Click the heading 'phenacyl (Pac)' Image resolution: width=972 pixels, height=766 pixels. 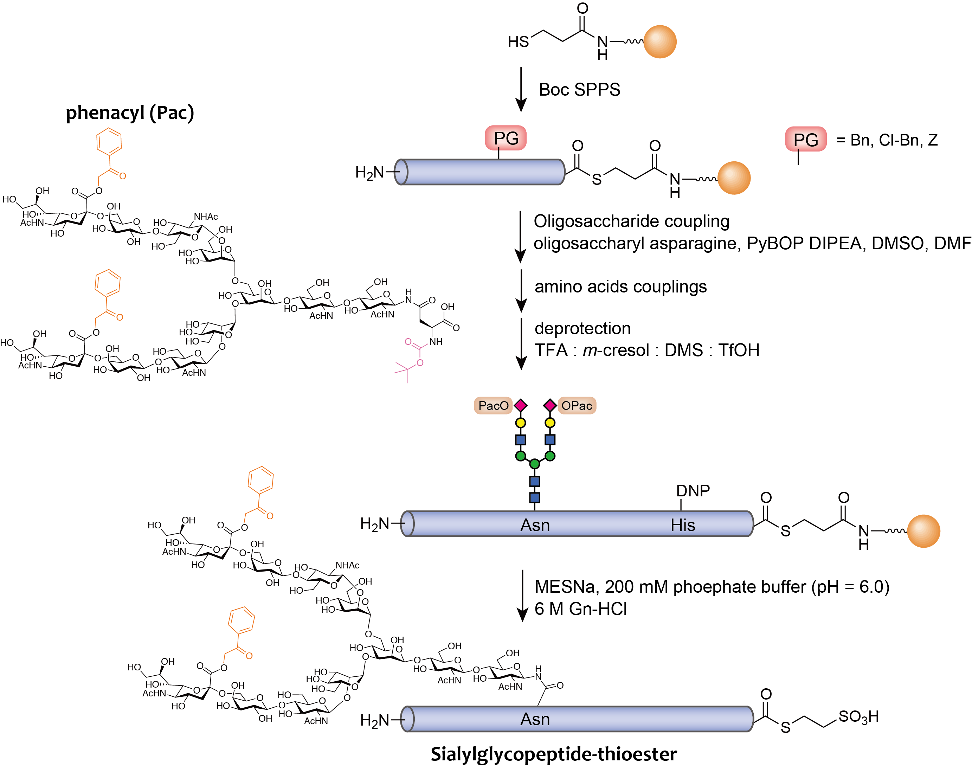(130, 112)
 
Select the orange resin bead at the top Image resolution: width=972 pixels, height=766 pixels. (659, 42)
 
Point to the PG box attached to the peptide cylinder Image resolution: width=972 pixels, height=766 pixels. (506, 138)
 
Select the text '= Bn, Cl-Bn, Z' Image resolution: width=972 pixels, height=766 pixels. (887, 140)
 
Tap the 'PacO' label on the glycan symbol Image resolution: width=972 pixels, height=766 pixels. (493, 405)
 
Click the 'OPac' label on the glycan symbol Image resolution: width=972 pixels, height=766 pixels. (577, 405)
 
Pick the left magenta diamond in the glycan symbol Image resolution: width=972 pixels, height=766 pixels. (520, 405)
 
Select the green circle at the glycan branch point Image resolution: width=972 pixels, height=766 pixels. (534, 464)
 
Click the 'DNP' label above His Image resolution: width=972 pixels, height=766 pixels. (693, 491)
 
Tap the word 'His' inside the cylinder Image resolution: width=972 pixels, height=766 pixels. (682, 525)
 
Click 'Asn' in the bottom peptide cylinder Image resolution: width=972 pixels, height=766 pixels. (535, 719)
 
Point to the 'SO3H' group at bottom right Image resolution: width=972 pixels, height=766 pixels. (858, 717)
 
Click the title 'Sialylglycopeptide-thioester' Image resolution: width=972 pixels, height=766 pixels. (554, 754)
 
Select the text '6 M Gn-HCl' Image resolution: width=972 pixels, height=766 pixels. (580, 609)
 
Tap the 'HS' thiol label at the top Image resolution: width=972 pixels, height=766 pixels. (518, 42)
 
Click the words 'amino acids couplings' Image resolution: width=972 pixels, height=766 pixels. (620, 287)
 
